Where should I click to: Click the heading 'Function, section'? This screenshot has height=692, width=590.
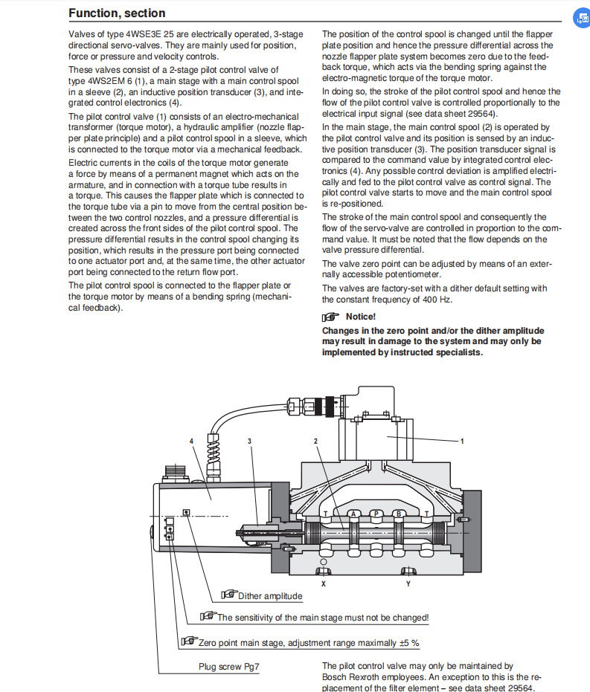tap(117, 13)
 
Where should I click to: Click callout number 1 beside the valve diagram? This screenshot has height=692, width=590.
tap(462, 441)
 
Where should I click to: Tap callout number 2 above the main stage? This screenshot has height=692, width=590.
tap(316, 441)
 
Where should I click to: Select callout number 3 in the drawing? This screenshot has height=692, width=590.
tap(250, 441)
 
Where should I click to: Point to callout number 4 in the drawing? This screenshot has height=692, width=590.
tap(192, 441)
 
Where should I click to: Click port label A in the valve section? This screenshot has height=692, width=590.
tap(354, 513)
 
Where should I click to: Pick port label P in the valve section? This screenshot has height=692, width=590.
tap(376, 513)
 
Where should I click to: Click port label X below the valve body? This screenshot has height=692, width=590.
tap(323, 583)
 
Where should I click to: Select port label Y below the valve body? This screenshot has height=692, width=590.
tap(408, 583)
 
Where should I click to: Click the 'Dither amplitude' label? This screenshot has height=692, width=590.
tap(269, 596)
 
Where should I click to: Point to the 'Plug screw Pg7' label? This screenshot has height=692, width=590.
tap(228, 666)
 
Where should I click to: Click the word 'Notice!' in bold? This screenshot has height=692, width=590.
tap(361, 317)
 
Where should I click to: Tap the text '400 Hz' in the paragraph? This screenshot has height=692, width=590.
tap(437, 299)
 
